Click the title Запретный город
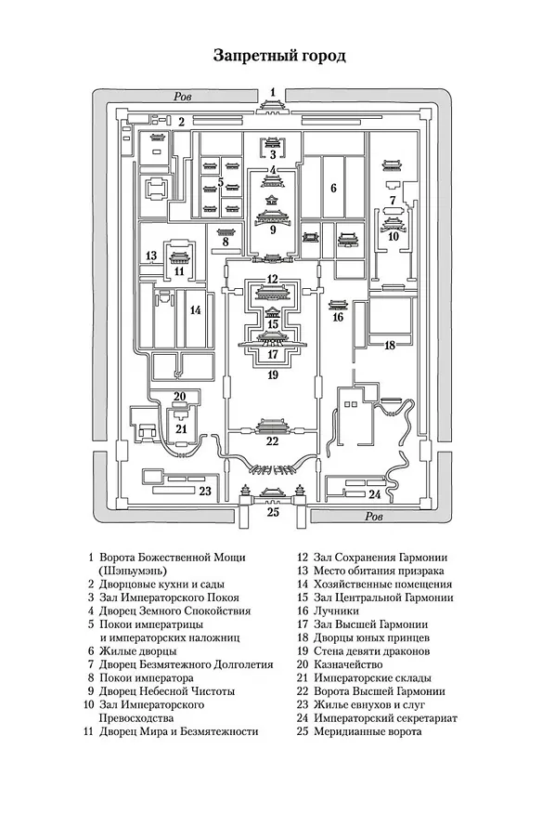(279, 56)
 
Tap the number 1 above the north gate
(273, 93)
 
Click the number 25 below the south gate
(273, 512)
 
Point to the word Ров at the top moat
(183, 97)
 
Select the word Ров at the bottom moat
(373, 517)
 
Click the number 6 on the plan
(334, 188)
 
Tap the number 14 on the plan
(195, 310)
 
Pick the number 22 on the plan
(272, 441)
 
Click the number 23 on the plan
(205, 491)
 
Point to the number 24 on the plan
(374, 494)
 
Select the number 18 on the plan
(390, 345)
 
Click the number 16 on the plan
(338, 317)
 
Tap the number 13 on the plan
(151, 256)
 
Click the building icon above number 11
(179, 258)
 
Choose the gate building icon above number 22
(272, 426)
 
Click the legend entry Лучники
(336, 611)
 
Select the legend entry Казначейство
(348, 664)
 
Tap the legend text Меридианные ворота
(368, 731)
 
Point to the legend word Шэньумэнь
(133, 571)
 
